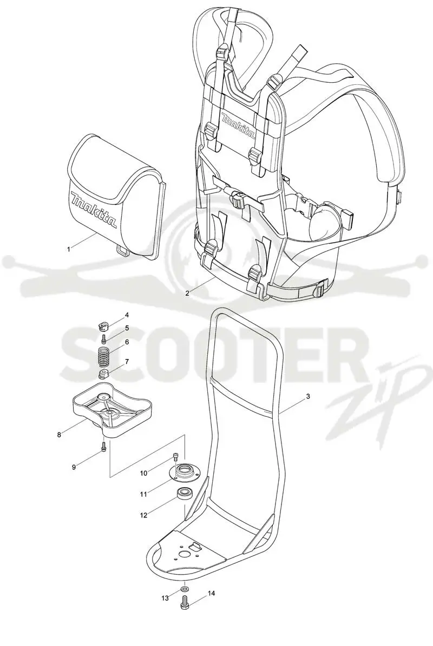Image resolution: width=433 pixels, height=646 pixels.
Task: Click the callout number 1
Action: [x=69, y=249]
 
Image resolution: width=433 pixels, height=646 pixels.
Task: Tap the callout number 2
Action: [x=188, y=294]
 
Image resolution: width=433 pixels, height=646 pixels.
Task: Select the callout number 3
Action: [x=308, y=396]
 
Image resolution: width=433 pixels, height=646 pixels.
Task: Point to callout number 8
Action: [x=60, y=434]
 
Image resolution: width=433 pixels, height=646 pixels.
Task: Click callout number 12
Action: [x=143, y=515]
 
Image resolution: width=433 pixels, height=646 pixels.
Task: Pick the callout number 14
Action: [x=212, y=593]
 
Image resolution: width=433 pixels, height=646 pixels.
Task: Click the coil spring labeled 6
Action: [x=104, y=356]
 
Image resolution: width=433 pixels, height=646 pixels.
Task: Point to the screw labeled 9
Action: [x=103, y=446]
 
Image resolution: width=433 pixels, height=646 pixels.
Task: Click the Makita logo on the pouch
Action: [x=94, y=209]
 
